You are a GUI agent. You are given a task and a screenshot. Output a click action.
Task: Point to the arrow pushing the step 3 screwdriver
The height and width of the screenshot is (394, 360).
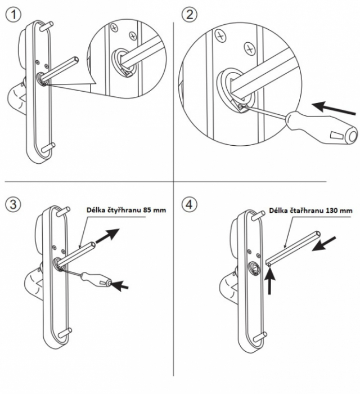120,286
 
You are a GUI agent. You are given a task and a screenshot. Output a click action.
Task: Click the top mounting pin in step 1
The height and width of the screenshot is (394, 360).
47,24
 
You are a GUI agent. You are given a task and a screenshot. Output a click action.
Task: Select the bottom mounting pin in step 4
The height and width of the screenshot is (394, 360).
260,336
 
